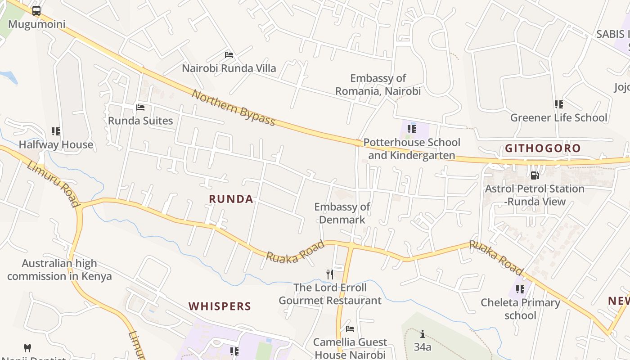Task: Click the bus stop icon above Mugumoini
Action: point(36,11)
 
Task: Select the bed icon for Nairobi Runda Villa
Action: point(229,55)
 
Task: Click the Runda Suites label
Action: point(140,121)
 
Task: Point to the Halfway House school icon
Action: point(56,131)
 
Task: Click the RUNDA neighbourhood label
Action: point(231,199)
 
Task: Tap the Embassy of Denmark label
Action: point(342,213)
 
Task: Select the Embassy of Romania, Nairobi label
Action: point(378,85)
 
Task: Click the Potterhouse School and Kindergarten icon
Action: point(412,129)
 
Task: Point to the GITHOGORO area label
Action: point(543,148)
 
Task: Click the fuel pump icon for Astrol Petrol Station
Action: point(535,175)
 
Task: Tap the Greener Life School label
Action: point(558,118)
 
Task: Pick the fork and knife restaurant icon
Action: point(330,274)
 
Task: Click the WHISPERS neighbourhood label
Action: point(220,306)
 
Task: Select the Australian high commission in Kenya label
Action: point(59,270)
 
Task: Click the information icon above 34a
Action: point(422,334)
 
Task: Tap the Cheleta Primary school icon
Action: point(520,289)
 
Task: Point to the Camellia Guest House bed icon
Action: point(350,329)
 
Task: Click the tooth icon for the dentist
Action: point(27,348)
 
